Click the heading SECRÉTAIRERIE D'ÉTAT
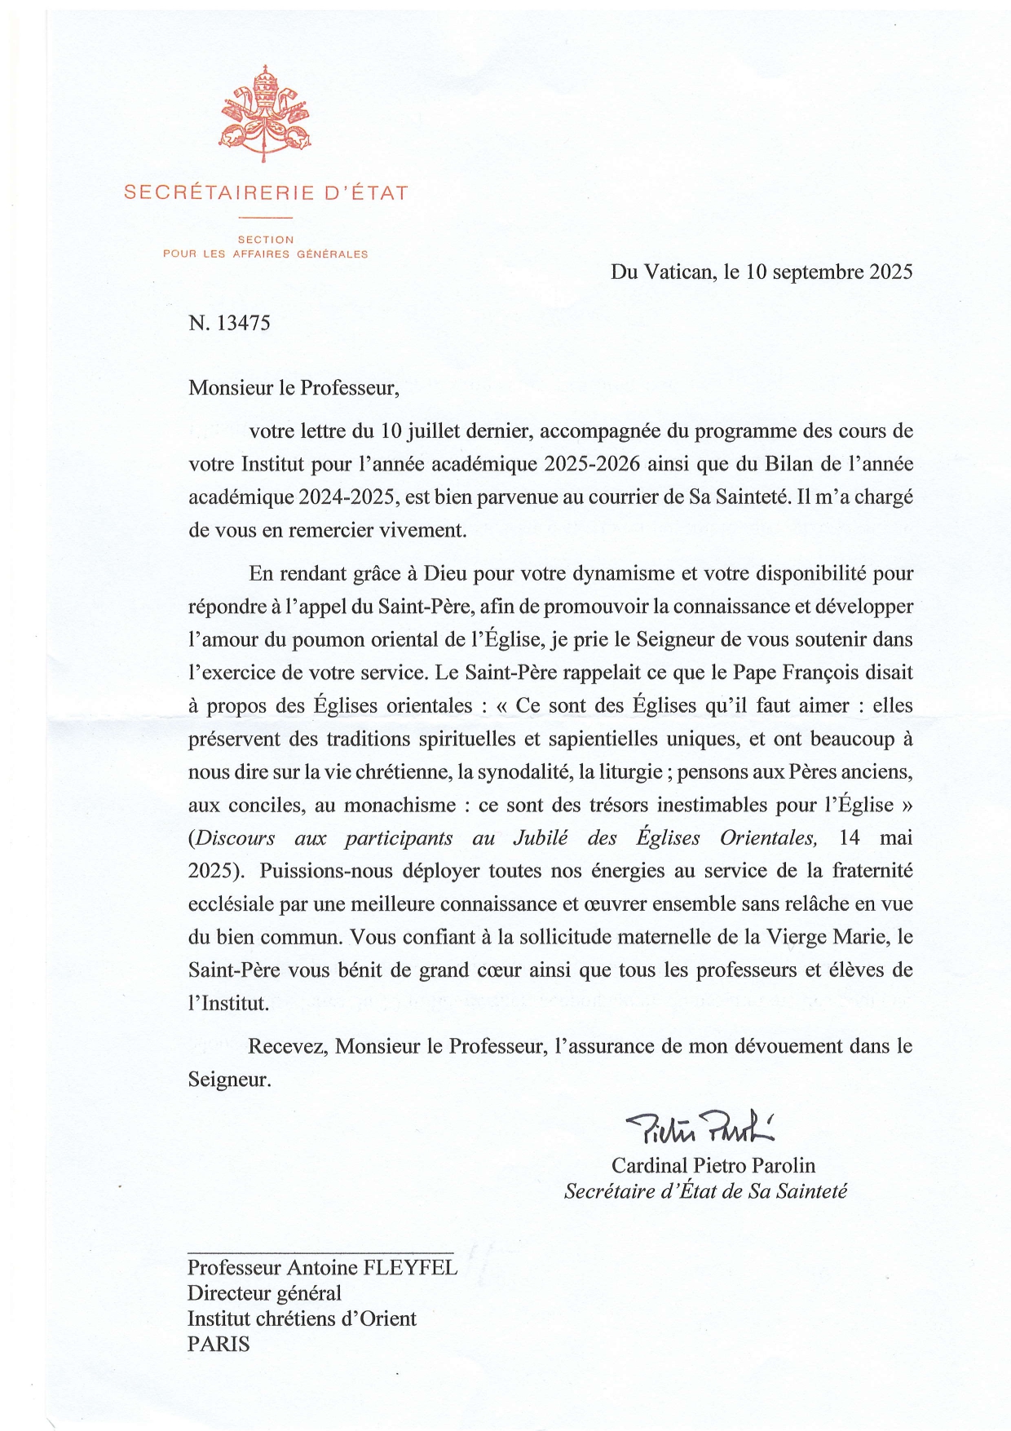point(265,193)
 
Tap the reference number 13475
point(243,323)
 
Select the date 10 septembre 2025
point(829,272)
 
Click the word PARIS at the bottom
point(219,1344)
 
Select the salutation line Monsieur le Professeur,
point(294,387)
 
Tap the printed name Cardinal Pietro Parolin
point(713,1166)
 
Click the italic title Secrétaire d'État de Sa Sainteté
point(705,1191)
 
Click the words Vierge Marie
point(826,938)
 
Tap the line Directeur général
point(264,1293)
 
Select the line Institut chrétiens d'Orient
point(302,1318)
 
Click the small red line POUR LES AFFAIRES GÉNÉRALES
point(265,254)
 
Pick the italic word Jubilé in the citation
point(541,838)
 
